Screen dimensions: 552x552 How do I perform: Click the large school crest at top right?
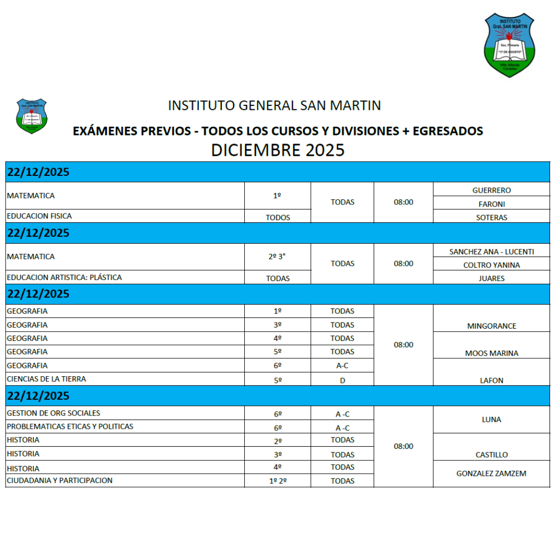pos(510,45)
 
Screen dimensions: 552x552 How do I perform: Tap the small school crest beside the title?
pos(31,116)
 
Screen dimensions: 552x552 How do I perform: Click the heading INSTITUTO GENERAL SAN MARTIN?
pos(274,106)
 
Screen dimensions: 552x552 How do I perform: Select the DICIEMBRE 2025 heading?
pos(278,150)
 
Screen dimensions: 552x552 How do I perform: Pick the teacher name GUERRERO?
pos(491,190)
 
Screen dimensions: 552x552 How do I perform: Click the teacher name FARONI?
pos(491,204)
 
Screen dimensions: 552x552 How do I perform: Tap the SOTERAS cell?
pos(491,217)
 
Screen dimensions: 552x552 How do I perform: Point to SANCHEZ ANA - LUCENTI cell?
pos(491,251)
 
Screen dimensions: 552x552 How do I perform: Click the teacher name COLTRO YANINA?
pos(491,265)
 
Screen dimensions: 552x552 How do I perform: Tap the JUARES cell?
pos(491,279)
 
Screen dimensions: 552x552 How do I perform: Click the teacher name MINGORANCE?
pos(491,326)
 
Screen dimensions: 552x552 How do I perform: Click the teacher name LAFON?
pos(491,380)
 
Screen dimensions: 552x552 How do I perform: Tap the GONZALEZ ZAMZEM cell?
pos(491,474)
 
